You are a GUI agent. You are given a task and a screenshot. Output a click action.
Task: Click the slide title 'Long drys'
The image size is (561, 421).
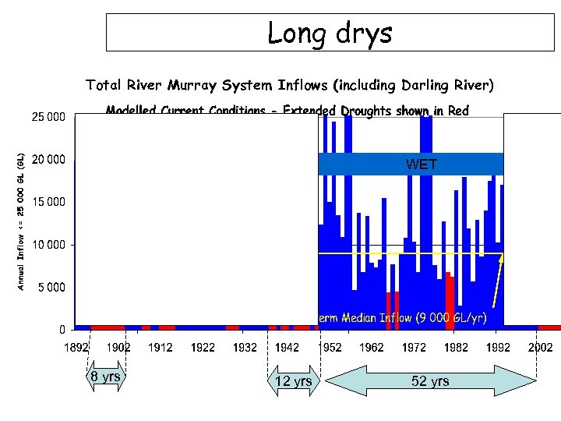coord(330,33)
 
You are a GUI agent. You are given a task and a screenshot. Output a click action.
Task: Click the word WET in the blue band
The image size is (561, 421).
coord(422,165)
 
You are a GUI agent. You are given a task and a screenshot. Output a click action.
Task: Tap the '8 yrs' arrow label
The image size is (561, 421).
coord(105,377)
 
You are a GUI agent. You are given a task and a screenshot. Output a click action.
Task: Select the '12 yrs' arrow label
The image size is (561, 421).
coord(294,381)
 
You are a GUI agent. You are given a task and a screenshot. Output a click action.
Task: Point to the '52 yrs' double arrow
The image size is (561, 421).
coord(429,381)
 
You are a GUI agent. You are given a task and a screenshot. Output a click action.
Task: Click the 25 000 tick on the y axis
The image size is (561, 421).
coord(48,118)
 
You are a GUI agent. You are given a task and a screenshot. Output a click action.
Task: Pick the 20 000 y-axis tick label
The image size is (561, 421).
coord(48,161)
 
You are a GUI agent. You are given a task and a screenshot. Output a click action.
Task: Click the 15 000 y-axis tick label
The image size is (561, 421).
coord(48,203)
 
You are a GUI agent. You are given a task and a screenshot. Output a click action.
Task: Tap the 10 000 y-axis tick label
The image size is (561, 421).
coord(48,245)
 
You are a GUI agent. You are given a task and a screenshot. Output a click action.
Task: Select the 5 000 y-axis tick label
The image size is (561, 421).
coord(51,287)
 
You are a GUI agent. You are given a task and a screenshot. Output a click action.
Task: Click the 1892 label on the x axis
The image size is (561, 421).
coord(76,347)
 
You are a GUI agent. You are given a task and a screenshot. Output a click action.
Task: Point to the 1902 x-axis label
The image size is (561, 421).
coord(118,347)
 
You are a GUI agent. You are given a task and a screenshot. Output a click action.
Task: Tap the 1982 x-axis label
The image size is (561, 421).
coord(455,347)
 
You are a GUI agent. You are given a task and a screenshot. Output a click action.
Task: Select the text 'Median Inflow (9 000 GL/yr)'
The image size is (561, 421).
coord(413,317)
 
